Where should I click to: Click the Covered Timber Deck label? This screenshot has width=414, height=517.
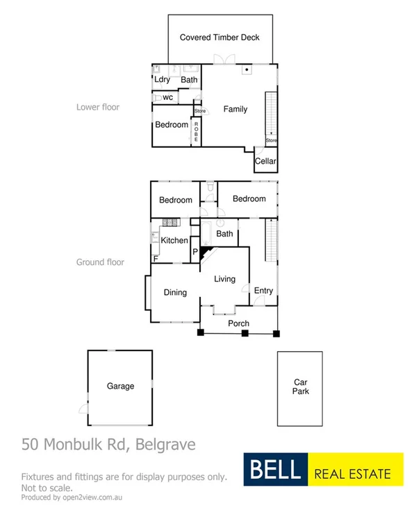coord(220,37)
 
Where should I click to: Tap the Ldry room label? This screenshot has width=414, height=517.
coord(163,80)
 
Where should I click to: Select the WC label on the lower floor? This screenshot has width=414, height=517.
coord(167,97)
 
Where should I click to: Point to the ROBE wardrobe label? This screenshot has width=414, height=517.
coord(197,132)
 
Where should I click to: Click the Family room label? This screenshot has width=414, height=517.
coord(235,109)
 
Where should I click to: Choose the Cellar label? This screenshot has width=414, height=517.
coord(265,162)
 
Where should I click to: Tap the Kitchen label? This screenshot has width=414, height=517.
coord(174,241)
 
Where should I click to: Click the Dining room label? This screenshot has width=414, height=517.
coord(175,292)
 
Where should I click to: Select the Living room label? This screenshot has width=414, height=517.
coord(224,279)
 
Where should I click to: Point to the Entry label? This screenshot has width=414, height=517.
coord(263,291)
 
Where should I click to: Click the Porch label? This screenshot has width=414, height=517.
coord(238,323)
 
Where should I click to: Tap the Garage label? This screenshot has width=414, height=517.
coord(120,387)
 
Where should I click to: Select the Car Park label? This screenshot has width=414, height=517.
coord(300,387)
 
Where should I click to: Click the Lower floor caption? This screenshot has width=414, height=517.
coord(97,108)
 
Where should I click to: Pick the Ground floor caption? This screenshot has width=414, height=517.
coord(100,262)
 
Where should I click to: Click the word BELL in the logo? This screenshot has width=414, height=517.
coord(273,470)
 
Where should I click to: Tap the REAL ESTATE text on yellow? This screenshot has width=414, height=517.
coord(353,475)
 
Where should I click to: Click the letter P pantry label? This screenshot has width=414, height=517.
coord(194,252)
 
